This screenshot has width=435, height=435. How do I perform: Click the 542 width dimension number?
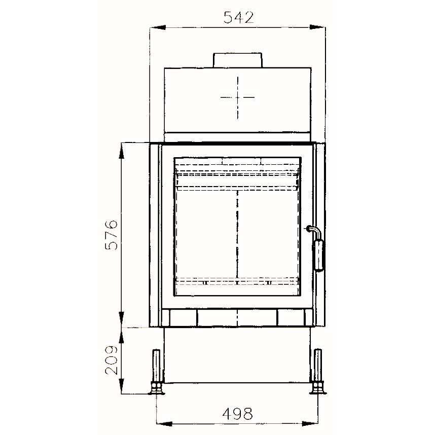pos(238,17)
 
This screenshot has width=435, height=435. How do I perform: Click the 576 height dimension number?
pos(112,235)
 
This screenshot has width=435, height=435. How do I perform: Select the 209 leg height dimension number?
pos(112,360)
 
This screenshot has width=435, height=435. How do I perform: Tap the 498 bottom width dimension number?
pos(237,414)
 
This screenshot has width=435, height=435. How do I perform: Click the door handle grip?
pos(318,255)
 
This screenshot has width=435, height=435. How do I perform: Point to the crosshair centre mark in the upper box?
pos(237,97)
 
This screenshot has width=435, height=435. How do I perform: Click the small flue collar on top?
pos(237,60)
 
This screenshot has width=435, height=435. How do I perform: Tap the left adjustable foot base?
pos(157,388)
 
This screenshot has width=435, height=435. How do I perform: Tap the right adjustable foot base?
pos(318,388)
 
